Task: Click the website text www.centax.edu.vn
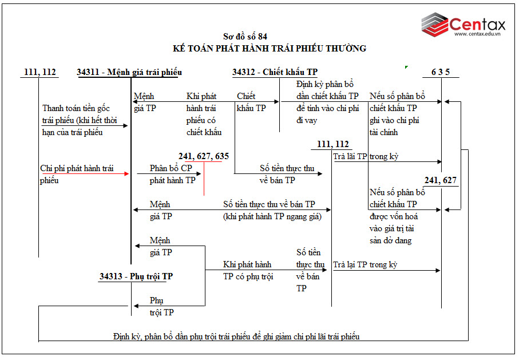click(x=477, y=34)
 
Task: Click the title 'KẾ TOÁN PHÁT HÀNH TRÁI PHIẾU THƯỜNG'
click(x=270, y=49)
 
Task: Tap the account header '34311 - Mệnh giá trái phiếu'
click(x=129, y=72)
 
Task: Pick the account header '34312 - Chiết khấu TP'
click(x=275, y=72)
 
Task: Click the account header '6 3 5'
click(x=441, y=72)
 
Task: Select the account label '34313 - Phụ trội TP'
click(x=136, y=276)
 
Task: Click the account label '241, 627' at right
click(x=440, y=181)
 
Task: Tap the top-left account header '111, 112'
click(x=40, y=72)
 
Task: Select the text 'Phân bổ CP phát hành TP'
click(x=172, y=174)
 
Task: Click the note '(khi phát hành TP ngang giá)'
click(x=272, y=216)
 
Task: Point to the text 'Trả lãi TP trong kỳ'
click(x=366, y=156)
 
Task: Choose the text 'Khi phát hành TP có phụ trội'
click(x=247, y=271)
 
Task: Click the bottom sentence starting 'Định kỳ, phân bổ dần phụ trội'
click(x=236, y=337)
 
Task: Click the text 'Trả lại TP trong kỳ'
click(x=365, y=264)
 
